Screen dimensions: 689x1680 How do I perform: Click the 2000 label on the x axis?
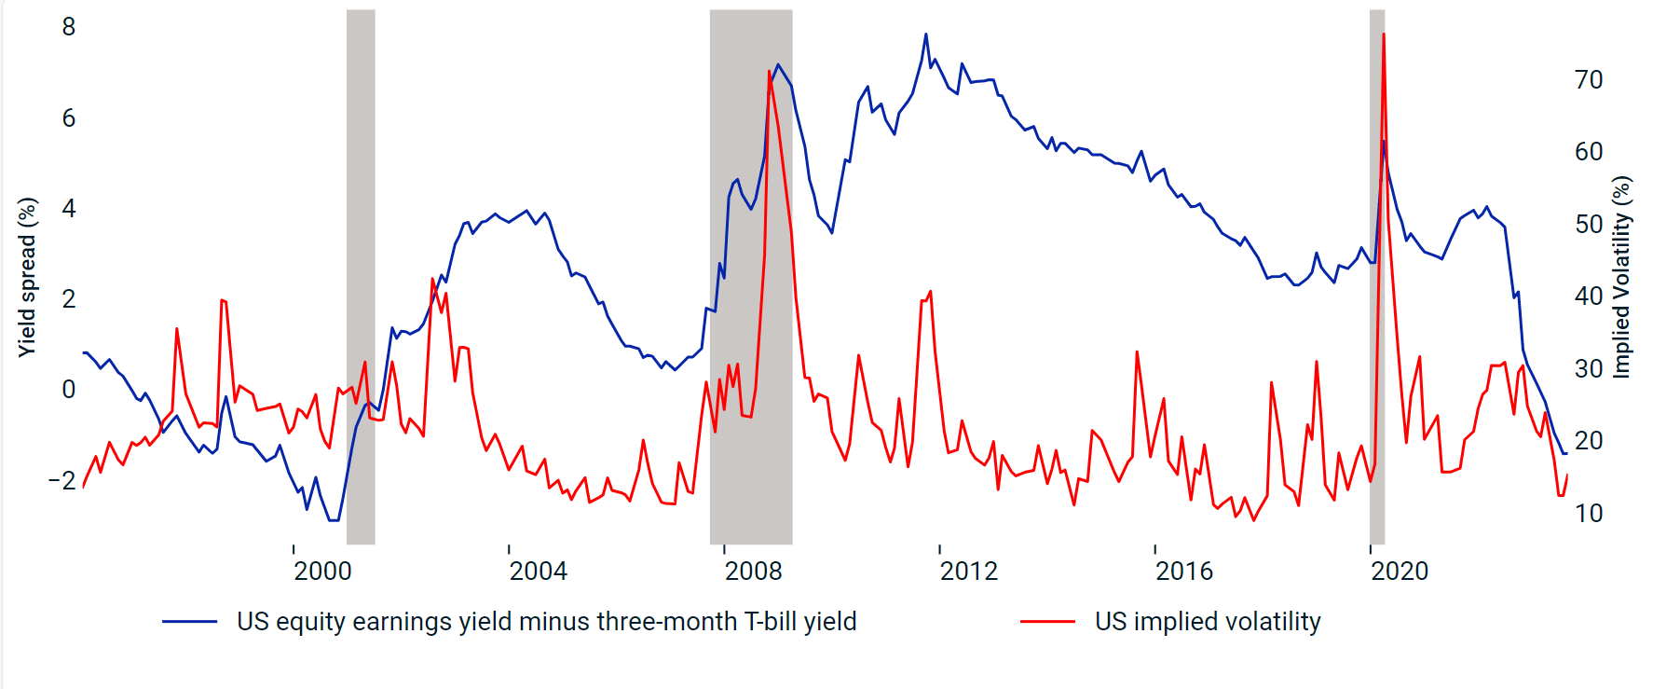[x=322, y=571]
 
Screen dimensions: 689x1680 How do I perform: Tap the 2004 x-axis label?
[x=538, y=571]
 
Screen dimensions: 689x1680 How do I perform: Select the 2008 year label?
[x=753, y=571]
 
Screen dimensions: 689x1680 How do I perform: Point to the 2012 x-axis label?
[x=968, y=571]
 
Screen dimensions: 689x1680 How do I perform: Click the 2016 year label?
[x=1183, y=571]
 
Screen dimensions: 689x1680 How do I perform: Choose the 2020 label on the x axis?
[x=1399, y=571]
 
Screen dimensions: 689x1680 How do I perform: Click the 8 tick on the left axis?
[x=69, y=27]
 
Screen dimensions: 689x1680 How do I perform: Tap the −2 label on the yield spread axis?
[x=62, y=480]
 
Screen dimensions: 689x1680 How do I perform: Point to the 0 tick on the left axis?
[x=69, y=390]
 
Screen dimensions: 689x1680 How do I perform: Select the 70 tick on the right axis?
[x=1589, y=80]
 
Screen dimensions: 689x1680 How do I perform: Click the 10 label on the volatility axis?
[x=1589, y=513]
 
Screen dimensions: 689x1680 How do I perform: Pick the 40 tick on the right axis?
[x=1589, y=296]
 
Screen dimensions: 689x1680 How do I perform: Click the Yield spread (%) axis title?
[x=27, y=277]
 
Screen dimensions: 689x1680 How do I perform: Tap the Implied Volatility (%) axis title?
[x=1622, y=277]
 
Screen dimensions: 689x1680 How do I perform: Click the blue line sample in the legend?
[x=189, y=622]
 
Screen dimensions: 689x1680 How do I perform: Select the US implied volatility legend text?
[x=1208, y=622]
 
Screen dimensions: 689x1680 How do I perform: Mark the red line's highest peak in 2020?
[x=1383, y=34]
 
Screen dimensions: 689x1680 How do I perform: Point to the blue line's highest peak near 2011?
[x=925, y=34]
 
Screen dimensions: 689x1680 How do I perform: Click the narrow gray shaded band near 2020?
[x=1376, y=280]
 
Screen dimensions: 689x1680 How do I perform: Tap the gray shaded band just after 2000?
[x=361, y=280]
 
